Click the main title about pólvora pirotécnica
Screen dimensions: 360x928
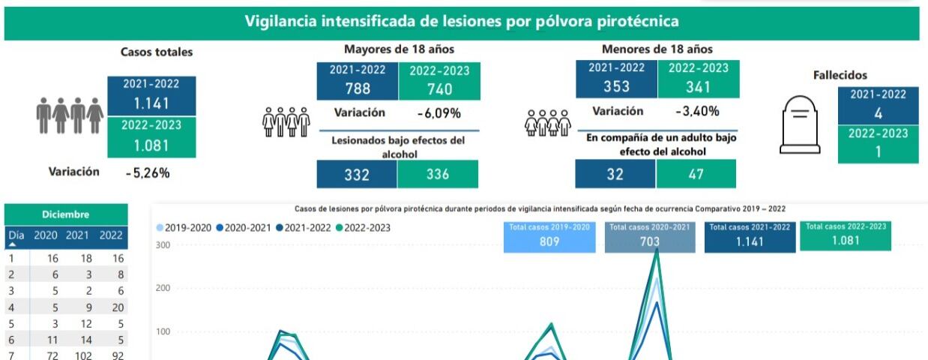(462, 21)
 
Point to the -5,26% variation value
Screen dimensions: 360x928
(148, 172)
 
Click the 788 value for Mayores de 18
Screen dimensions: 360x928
(357, 89)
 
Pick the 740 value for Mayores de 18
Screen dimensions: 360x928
(439, 89)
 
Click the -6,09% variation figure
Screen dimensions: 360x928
(439, 113)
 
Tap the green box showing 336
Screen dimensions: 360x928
(438, 175)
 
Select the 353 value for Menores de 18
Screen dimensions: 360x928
(616, 86)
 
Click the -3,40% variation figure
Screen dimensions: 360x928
(697, 112)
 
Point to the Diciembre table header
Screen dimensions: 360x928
(66, 214)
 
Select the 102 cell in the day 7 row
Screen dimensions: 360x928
(77, 356)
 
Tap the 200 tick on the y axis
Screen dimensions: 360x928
(162, 288)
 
